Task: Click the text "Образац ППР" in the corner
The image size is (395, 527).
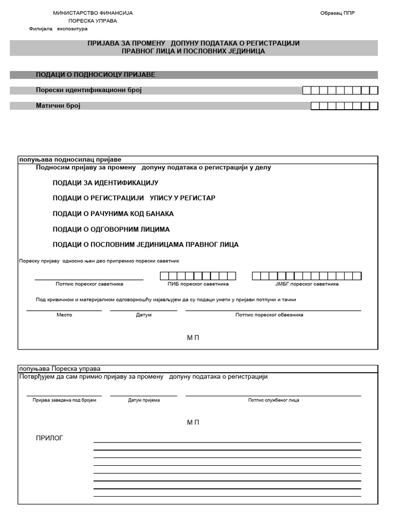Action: pos(337,13)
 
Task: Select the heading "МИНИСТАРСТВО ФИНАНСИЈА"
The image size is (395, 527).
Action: pos(93,13)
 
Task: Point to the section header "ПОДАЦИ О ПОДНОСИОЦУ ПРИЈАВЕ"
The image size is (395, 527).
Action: pos(95,75)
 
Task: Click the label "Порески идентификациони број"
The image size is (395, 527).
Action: pos(88,90)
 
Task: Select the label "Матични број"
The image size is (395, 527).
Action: pos(58,106)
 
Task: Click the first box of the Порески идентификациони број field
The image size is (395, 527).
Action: pos(307,91)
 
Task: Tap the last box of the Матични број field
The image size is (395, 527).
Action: pos(374,106)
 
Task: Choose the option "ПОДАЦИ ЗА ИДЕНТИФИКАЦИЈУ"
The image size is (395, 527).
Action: pos(105,183)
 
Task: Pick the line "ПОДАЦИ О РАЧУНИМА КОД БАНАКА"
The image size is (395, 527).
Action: pos(113,214)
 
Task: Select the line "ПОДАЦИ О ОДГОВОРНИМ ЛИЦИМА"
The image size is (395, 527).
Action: pos(111,229)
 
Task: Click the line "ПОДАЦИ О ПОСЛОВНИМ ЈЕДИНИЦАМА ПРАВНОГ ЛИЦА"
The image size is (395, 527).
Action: pos(146,244)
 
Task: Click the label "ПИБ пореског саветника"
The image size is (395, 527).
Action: pos(198,284)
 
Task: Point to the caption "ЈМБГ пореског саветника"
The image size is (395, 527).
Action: pos(307,284)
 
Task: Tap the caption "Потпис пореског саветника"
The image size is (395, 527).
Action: pos(89,284)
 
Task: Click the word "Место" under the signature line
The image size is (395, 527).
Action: pos(64,315)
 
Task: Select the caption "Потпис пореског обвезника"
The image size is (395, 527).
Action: pos(269,315)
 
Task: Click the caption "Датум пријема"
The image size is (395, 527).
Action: pos(144,400)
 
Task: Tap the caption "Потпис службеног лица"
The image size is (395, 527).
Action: pos(274,400)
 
